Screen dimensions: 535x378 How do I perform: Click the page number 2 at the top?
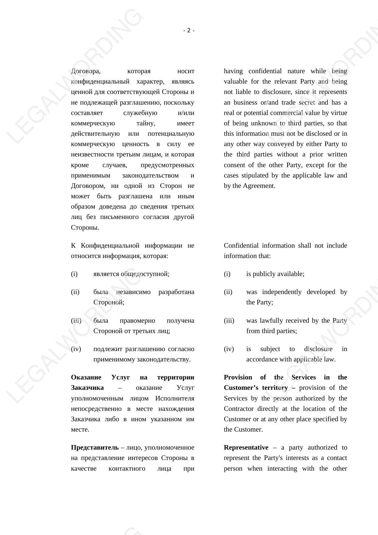tap(189, 31)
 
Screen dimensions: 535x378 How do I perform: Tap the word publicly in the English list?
tap(264, 274)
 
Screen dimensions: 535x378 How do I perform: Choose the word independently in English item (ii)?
tap(282, 292)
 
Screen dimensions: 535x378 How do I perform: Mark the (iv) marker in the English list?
tap(229, 349)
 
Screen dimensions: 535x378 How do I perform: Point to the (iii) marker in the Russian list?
tap(76, 321)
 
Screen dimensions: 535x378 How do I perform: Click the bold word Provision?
tap(238, 377)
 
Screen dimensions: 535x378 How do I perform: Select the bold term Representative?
tap(246, 447)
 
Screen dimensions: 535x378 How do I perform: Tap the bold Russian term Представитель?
tap(95, 447)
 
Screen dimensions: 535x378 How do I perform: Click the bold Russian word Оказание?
tap(86, 377)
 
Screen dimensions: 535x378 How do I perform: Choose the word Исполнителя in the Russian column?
tap(175, 398)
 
